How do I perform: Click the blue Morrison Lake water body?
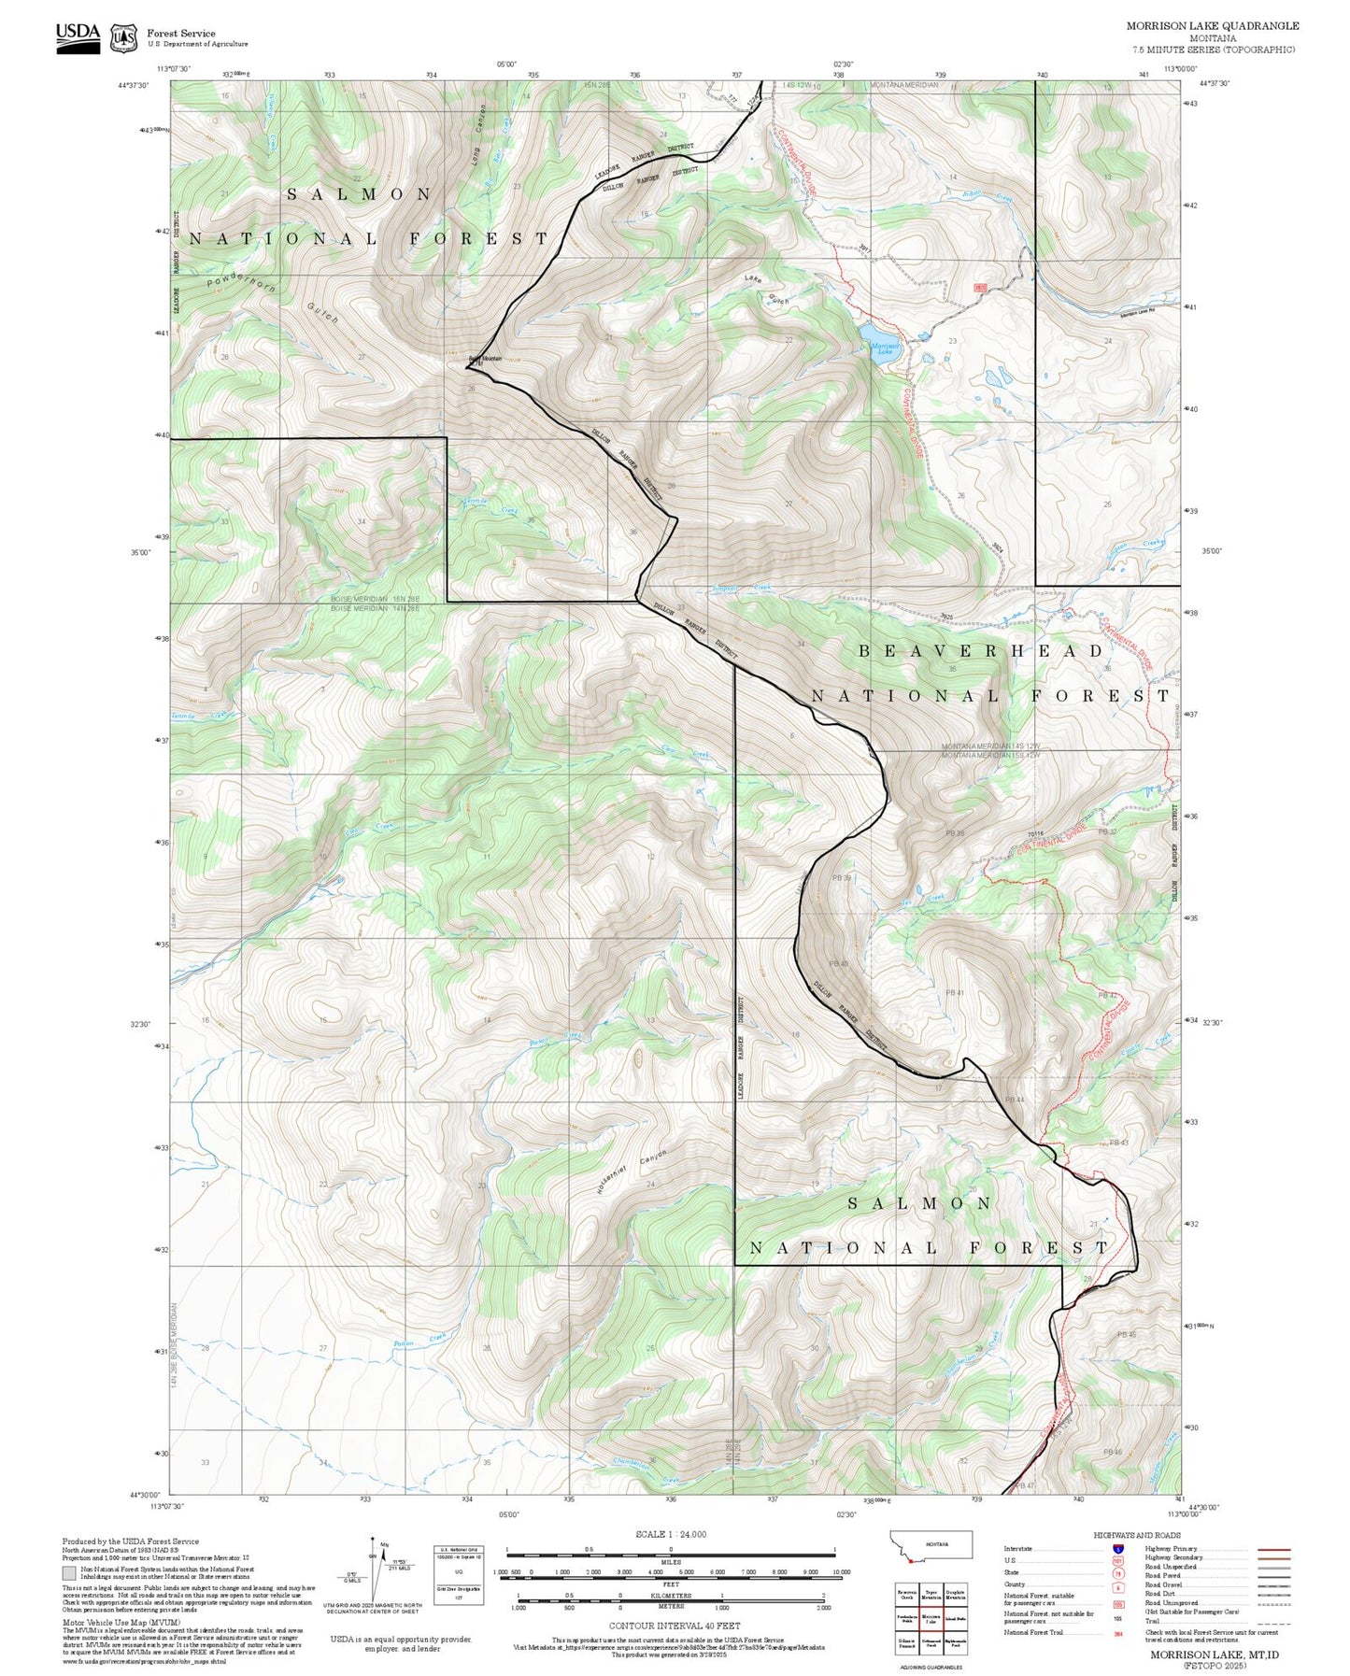tap(877, 334)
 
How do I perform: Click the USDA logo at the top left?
tap(78, 34)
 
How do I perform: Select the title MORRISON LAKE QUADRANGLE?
tap(1212, 26)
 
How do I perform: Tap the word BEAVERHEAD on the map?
tap(981, 651)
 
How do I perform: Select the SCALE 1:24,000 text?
tap(671, 1534)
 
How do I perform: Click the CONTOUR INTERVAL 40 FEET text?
tap(671, 1625)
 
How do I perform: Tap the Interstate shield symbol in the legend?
tap(1117, 1549)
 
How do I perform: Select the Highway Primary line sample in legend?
tap(1274, 1549)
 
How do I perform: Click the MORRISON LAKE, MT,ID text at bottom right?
tap(1214, 1655)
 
